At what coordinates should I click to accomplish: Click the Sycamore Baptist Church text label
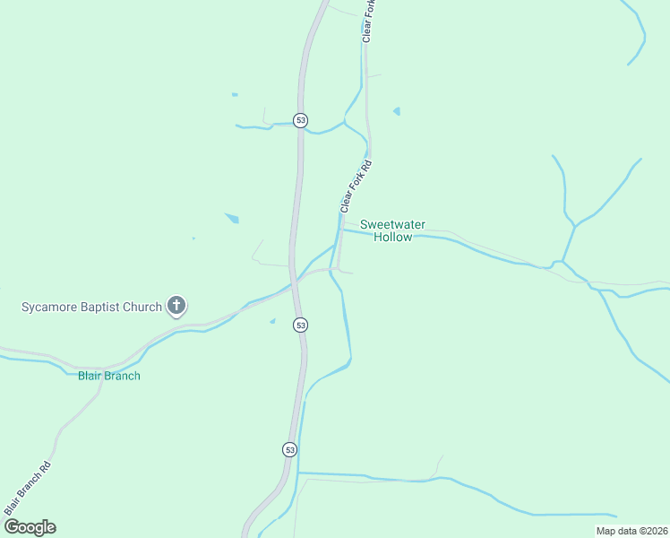click(x=91, y=307)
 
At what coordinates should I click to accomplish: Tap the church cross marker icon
click(x=176, y=307)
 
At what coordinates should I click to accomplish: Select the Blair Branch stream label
click(x=108, y=376)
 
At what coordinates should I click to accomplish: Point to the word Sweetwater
click(x=392, y=224)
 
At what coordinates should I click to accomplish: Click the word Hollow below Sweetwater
click(x=392, y=238)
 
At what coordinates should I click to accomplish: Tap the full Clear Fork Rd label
click(x=355, y=187)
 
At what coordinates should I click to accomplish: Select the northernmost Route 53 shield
click(x=300, y=120)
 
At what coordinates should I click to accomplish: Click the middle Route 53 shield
click(x=300, y=325)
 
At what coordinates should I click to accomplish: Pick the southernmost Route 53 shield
click(x=288, y=448)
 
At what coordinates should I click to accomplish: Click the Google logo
click(x=30, y=527)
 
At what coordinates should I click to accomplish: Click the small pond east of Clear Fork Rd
click(x=396, y=111)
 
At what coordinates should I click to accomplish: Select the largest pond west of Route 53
click(x=232, y=218)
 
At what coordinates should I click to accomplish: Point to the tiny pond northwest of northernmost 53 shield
click(x=235, y=94)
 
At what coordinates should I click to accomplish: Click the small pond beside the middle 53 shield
click(x=272, y=321)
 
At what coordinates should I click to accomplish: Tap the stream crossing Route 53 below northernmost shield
click(x=302, y=131)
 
